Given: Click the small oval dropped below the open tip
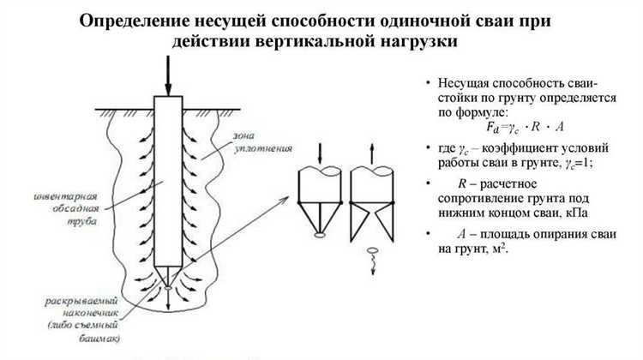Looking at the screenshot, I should (x=372, y=251).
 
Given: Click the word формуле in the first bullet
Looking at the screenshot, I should (x=484, y=112).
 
